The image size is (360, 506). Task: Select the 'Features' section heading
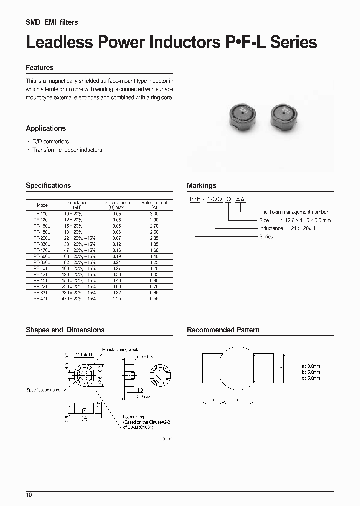coord(39,68)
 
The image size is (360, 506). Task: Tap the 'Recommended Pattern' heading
coord(223,330)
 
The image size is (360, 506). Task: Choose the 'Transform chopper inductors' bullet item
coord(67,150)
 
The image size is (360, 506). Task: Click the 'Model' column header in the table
coord(43,205)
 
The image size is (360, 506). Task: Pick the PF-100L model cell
coord(43,214)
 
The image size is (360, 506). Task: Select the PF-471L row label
coord(43,298)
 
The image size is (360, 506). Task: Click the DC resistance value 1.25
coord(116,298)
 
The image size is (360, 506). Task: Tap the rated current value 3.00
coord(154,214)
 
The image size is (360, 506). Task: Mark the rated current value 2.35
coord(154,238)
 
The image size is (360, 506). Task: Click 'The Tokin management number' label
coord(293,212)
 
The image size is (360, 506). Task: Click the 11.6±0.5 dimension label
coord(85,355)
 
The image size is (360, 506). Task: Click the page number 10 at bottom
coord(29,495)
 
